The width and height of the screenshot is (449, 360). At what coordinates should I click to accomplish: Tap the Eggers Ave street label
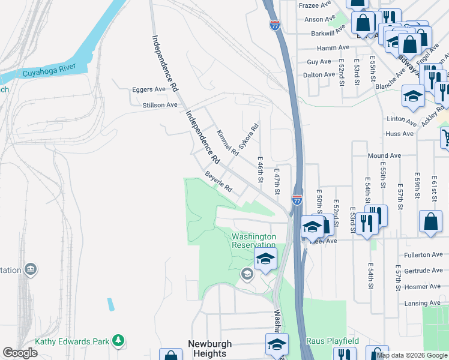click(148, 89)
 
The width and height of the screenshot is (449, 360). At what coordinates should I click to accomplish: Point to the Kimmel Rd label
click(228, 143)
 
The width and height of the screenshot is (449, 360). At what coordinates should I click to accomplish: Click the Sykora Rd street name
click(248, 136)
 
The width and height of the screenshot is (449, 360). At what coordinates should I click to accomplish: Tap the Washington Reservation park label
click(254, 241)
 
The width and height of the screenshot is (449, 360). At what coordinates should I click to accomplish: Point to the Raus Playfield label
click(333, 341)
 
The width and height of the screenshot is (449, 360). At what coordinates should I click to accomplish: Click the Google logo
click(20, 353)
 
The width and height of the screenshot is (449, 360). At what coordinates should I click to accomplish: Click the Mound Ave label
click(384, 156)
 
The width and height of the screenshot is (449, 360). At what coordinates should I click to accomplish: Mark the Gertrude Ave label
click(423, 271)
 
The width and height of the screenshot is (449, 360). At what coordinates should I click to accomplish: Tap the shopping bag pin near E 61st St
click(430, 221)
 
